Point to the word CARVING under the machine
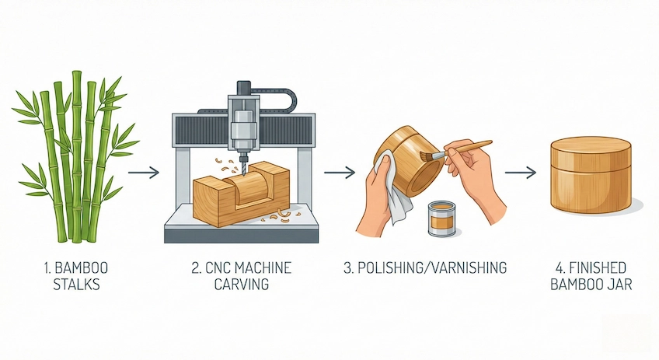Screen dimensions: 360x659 241,285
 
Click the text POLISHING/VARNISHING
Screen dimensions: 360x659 425,268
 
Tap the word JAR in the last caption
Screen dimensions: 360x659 620,285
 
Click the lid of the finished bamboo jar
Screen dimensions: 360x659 591,150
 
